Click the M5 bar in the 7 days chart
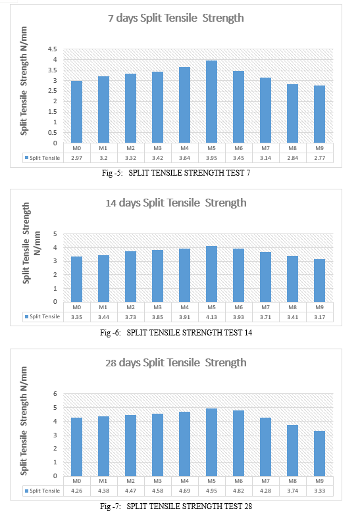pos(211,102)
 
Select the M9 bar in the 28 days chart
pos(320,454)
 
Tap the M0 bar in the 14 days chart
pos(76,279)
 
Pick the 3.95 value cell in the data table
pos(211,158)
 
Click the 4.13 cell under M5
pos(211,317)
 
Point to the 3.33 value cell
pos(320,491)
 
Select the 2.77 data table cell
pos(320,158)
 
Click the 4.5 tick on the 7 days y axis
pos(52,49)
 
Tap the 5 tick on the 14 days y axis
pos(55,234)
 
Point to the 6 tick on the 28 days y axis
pos(55,394)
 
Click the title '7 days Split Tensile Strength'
pos(176,18)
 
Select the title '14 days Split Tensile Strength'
pos(176,203)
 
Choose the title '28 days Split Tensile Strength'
pos(176,362)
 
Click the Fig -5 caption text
pos(176,173)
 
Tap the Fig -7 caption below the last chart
pos(176,506)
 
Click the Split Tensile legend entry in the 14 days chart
pos(42,316)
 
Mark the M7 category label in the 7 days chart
pos(266,148)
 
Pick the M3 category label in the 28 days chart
pos(157,481)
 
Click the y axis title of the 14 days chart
pos(31,243)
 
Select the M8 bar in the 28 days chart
pos(293,451)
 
